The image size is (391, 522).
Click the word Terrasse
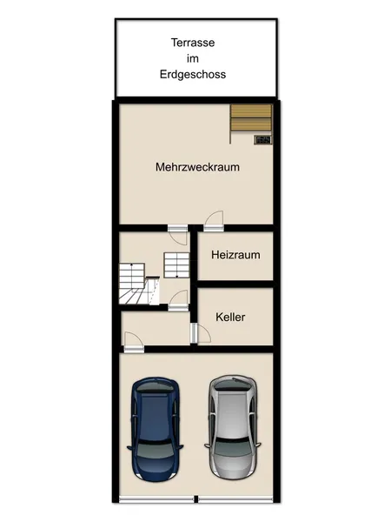click(193, 42)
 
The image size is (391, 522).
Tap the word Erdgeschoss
click(193, 75)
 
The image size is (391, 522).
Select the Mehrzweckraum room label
click(197, 166)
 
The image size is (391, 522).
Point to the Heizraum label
click(235, 256)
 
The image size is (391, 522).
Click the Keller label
click(230, 318)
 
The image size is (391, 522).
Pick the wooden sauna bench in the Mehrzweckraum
click(252, 117)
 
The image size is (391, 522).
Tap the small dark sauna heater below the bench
click(263, 139)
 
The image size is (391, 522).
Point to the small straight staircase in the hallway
click(176, 261)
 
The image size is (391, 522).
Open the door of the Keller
click(196, 332)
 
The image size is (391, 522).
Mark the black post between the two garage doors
click(196, 499)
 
